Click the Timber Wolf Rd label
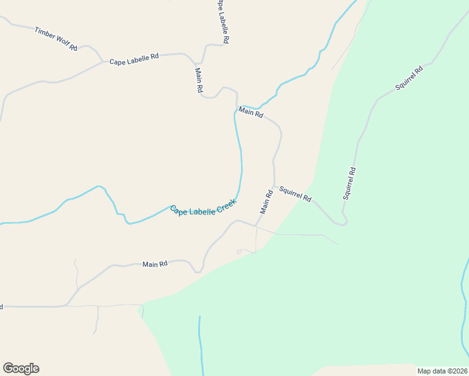pyautogui.click(x=56, y=38)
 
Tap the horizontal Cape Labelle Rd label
pyautogui.click(x=134, y=60)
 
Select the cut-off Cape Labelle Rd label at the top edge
pyautogui.click(x=223, y=20)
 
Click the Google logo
pyautogui.click(x=21, y=368)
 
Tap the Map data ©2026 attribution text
pyautogui.click(x=442, y=371)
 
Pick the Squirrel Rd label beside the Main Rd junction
pyautogui.click(x=295, y=194)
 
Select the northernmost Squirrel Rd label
pyautogui.click(x=409, y=78)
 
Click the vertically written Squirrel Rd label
pyautogui.click(x=350, y=183)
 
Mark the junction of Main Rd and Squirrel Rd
pyautogui.click(x=273, y=186)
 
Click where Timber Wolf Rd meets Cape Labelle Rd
pyautogui.click(x=102, y=61)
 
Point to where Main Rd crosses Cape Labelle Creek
pyautogui.click(x=237, y=108)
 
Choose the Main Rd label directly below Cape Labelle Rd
pyautogui.click(x=199, y=81)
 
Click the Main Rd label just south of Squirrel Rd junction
pyautogui.click(x=266, y=202)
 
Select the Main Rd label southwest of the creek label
pyautogui.click(x=155, y=264)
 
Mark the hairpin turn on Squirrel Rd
pyautogui.click(x=341, y=223)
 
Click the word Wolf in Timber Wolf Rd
pyautogui.click(x=63, y=40)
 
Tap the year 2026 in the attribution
pyautogui.click(x=460, y=371)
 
